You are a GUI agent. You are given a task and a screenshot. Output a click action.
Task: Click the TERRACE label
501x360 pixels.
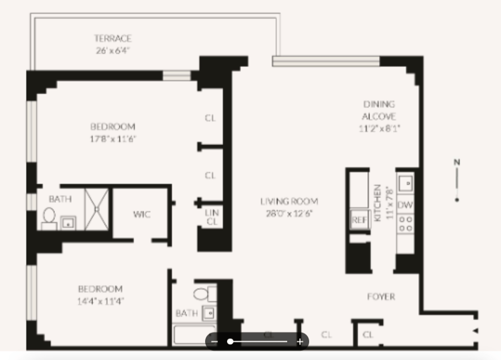click(x=113, y=38)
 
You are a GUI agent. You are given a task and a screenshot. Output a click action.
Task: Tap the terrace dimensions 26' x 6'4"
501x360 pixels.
click(x=113, y=51)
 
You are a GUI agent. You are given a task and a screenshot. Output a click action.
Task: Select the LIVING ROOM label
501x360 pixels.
click(x=289, y=201)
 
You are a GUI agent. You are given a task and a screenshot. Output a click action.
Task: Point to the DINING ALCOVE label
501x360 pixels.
click(x=379, y=110)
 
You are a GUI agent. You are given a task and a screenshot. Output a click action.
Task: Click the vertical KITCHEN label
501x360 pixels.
click(x=378, y=203)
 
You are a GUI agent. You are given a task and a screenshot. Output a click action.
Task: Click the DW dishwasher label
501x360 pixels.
click(x=405, y=205)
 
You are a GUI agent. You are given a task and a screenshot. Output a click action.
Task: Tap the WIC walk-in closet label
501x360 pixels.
click(x=142, y=214)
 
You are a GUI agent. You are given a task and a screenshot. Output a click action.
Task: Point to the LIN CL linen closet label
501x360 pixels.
click(x=212, y=217)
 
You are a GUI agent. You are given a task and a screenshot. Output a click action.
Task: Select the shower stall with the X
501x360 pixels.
click(x=97, y=208)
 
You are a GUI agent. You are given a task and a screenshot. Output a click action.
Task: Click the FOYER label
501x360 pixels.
click(x=381, y=297)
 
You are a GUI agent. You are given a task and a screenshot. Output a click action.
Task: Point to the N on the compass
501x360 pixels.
click(x=457, y=162)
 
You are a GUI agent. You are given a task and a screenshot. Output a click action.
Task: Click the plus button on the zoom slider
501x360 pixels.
click(x=300, y=342)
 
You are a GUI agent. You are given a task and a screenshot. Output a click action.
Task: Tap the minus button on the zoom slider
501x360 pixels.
click(x=215, y=342)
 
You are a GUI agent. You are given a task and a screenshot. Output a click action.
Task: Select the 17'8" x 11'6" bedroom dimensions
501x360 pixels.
click(x=112, y=139)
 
